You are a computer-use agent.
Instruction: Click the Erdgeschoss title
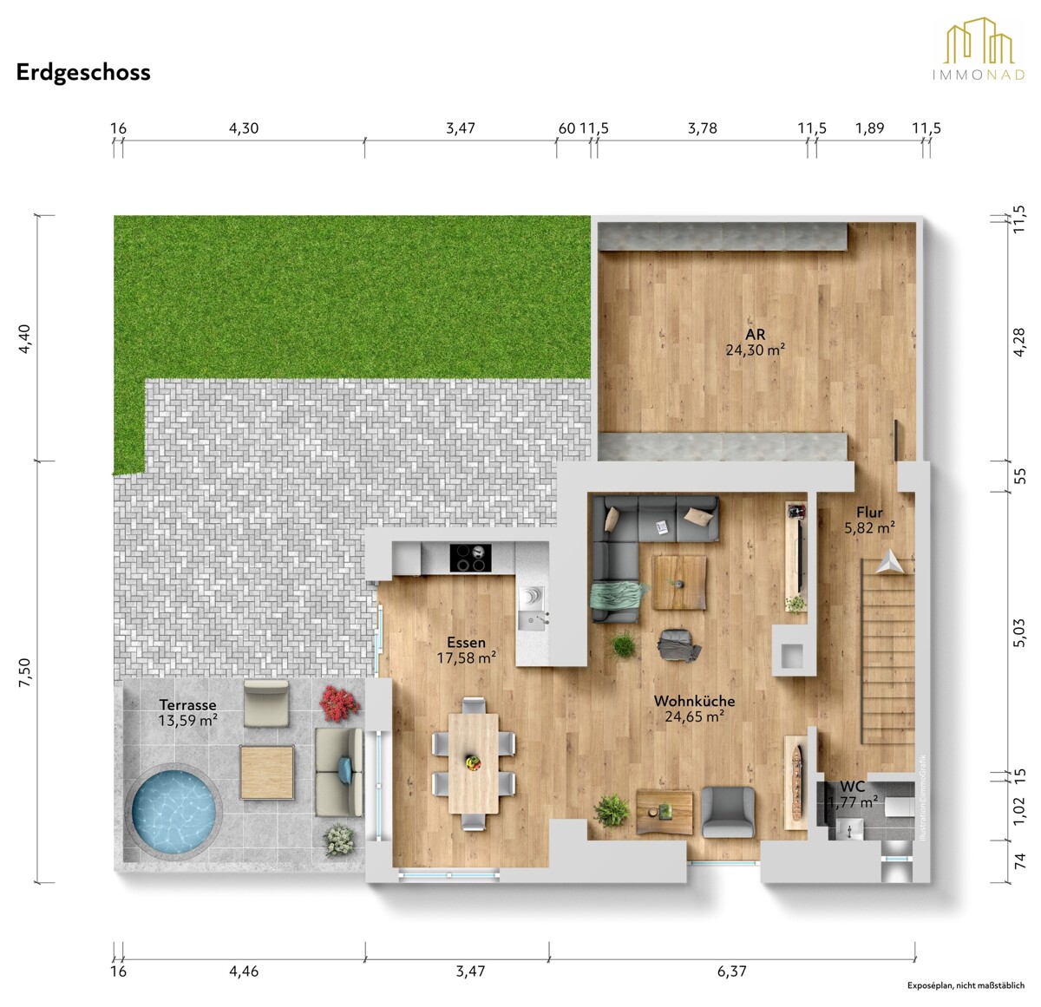click(x=83, y=73)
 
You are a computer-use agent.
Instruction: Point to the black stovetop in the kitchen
click(x=469, y=559)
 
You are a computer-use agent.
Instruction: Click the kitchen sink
click(x=532, y=608)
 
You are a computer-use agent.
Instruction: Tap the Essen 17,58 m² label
click(x=466, y=651)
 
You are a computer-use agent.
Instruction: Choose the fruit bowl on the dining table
click(x=473, y=762)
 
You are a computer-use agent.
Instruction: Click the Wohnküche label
click(x=694, y=701)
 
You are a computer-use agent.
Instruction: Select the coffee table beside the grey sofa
click(x=679, y=582)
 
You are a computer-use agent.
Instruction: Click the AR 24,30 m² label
click(x=755, y=343)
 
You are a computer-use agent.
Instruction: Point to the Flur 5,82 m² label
click(x=869, y=520)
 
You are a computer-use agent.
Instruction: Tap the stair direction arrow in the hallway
click(x=888, y=561)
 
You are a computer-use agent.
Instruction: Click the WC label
click(x=852, y=787)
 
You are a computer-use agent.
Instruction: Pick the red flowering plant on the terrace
click(x=339, y=703)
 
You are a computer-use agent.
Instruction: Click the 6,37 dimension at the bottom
click(x=731, y=971)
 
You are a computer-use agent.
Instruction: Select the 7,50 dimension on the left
click(x=24, y=673)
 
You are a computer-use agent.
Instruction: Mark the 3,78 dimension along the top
click(x=702, y=128)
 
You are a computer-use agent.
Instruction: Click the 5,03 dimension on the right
click(x=1019, y=633)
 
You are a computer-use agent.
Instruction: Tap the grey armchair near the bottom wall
click(x=728, y=812)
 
